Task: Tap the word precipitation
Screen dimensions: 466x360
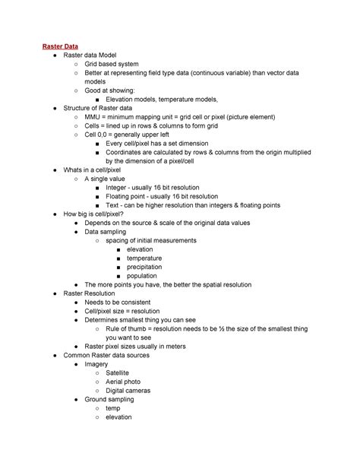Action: point(148,267)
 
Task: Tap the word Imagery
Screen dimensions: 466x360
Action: point(101,363)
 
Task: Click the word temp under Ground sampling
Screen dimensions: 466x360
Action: point(113,408)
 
